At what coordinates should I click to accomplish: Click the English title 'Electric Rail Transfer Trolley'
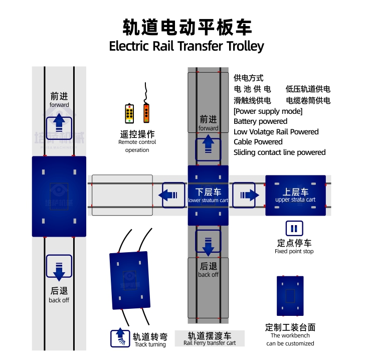(186, 46)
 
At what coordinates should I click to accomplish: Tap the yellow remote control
(129, 113)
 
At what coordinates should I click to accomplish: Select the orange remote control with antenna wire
(146, 112)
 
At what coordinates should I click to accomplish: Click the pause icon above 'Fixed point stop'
(294, 229)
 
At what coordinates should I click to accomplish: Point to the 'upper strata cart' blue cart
(295, 195)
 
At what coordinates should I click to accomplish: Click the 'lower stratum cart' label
(208, 201)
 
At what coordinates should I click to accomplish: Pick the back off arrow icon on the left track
(59, 268)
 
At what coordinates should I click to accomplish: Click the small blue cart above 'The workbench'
(290, 296)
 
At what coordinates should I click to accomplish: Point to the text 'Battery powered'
(260, 121)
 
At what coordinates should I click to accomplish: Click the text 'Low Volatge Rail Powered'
(276, 132)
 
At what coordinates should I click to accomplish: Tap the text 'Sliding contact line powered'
(279, 152)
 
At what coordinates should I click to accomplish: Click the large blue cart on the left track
(59, 196)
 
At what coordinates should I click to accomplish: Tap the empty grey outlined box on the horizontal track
(122, 195)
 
